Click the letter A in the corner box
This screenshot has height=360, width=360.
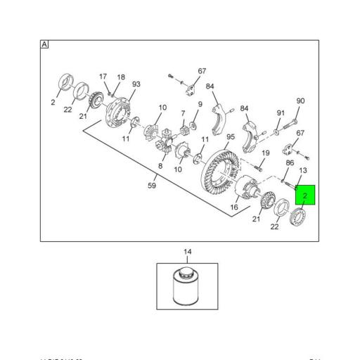45,44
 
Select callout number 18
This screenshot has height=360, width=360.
121,77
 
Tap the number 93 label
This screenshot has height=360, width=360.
136,84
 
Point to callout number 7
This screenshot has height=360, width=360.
183,113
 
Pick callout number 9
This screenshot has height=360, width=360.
200,105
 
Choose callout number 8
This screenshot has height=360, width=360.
160,166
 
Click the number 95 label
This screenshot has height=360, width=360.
230,137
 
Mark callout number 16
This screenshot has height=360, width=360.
235,207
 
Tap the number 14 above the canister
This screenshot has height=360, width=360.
188,252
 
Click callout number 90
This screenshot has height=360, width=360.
300,101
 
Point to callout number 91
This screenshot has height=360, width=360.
281,112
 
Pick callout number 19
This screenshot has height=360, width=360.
266,153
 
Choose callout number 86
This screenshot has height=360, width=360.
289,163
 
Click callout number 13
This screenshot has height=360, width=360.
304,170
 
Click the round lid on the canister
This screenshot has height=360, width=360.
186,271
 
